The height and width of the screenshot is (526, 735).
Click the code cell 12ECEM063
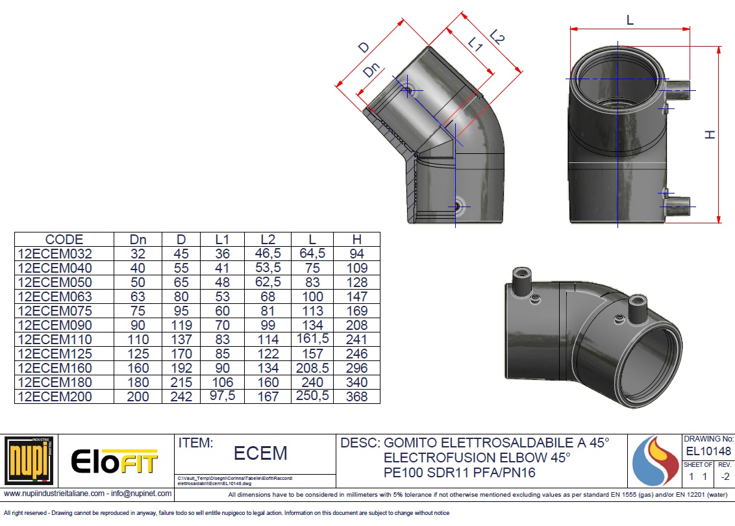point(55,297)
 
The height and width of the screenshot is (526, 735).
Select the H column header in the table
point(356,240)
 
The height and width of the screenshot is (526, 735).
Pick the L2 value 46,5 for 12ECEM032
point(268,254)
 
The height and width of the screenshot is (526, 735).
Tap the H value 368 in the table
point(356,397)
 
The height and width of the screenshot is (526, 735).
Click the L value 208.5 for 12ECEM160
point(312,368)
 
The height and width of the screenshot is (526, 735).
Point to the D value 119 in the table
point(181,325)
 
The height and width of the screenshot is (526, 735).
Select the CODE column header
point(64,240)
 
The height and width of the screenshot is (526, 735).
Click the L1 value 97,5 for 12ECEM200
point(222,395)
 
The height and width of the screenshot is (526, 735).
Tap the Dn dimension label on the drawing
point(371,70)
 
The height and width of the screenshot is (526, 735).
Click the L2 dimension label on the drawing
point(497,36)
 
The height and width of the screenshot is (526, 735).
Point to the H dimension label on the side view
point(710,135)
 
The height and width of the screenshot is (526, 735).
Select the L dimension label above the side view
point(630,20)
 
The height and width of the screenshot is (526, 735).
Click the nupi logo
point(29,460)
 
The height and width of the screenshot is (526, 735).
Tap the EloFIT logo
point(114,461)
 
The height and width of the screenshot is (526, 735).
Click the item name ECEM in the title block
point(260,453)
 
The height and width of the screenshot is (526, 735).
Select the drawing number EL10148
point(708,451)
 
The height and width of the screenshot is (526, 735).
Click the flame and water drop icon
point(655,461)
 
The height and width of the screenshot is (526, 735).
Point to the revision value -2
point(725,477)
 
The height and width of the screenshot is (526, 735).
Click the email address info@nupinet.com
point(141,494)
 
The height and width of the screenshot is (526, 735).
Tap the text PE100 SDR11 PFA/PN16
point(460,473)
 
